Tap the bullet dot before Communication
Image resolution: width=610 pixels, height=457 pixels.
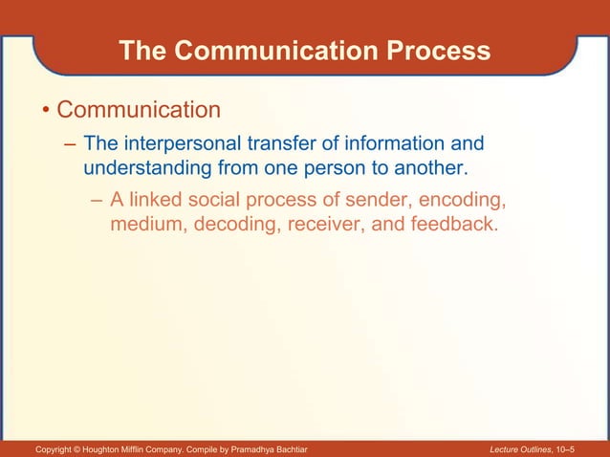44,111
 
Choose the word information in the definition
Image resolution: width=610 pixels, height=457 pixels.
387,144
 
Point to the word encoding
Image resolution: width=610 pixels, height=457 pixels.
466,202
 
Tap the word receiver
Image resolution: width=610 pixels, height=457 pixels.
320,227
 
